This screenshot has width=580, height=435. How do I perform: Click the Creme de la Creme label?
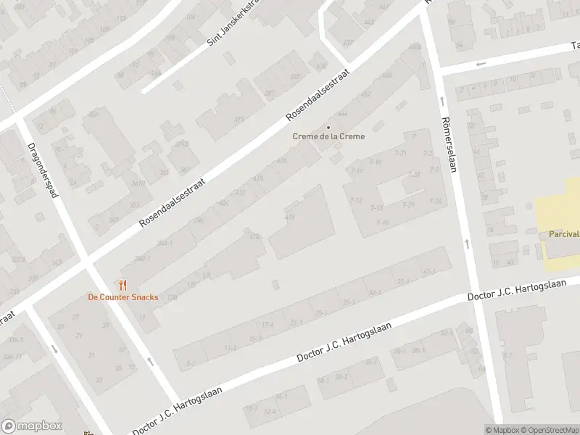point(328,136)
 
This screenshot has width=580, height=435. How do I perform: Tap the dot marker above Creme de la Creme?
point(328,127)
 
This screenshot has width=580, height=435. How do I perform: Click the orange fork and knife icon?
point(123,285)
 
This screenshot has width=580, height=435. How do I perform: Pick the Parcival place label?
point(563,234)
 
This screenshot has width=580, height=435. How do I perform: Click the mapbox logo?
point(32,426)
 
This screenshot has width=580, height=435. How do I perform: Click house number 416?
point(290,217)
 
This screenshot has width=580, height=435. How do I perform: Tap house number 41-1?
point(429,272)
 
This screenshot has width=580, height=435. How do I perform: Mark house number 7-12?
point(356,200)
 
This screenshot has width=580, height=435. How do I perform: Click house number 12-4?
point(270,412)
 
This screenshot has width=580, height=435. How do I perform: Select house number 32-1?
point(374,293)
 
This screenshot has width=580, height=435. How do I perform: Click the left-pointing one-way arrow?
point(478,65)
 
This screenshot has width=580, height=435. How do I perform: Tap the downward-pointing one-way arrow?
point(54,349)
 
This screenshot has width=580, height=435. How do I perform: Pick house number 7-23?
point(414,174)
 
